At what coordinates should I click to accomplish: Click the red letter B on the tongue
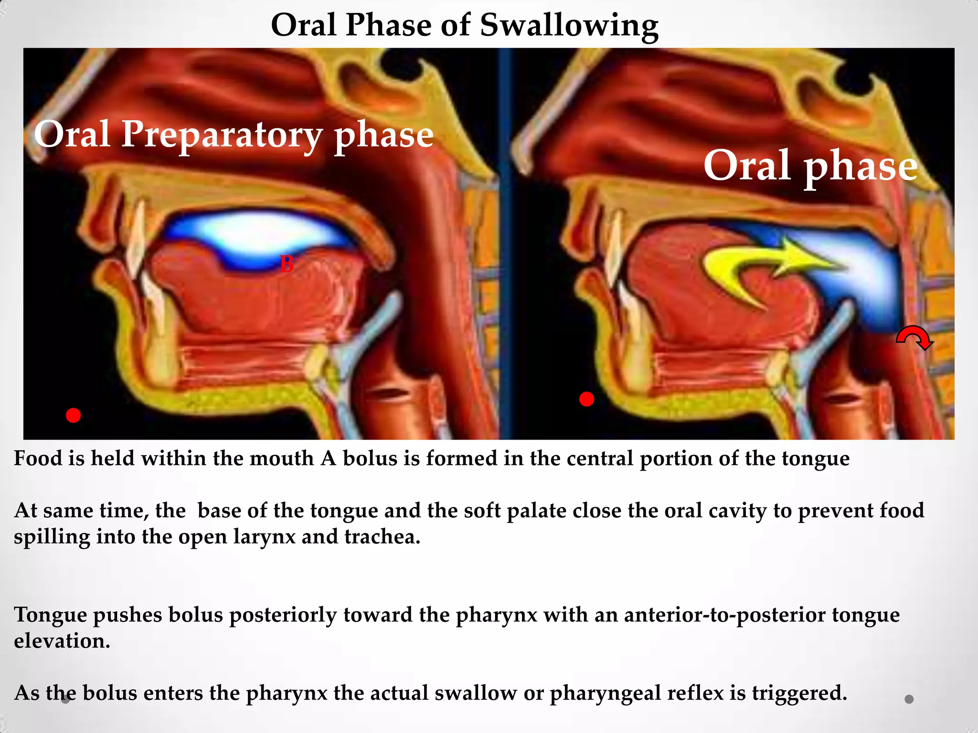(287, 264)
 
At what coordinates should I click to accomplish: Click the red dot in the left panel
(73, 415)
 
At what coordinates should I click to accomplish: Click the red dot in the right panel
(586, 399)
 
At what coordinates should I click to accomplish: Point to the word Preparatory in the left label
(222, 135)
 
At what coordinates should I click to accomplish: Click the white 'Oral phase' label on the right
(810, 166)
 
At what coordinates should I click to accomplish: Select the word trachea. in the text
(382, 537)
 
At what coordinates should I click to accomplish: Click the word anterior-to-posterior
(724, 615)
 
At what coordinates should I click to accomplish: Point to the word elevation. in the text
(62, 641)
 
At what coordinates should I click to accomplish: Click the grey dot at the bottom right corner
(909, 699)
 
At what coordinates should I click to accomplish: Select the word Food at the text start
(38, 459)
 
